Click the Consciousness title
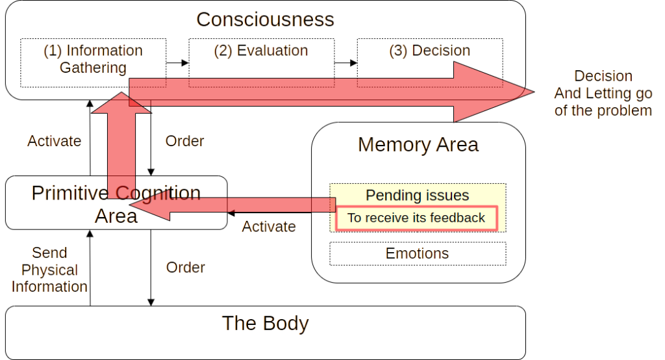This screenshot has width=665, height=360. click(264, 19)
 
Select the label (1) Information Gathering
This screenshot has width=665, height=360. click(92, 58)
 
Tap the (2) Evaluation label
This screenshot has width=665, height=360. click(260, 51)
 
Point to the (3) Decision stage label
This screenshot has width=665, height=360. click(429, 51)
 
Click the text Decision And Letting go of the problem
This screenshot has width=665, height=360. click(602, 93)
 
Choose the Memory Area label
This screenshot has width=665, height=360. click(417, 144)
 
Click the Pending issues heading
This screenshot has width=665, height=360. click(417, 195)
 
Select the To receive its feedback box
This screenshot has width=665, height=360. click(416, 218)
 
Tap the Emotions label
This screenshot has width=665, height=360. click(416, 253)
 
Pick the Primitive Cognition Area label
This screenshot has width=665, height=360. click(115, 203)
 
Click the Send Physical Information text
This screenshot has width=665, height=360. click(49, 270)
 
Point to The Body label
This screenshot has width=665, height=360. click(264, 323)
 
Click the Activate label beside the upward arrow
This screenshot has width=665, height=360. click(53, 141)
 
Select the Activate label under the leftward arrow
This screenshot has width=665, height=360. click(268, 227)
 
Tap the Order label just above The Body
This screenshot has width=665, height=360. click(184, 267)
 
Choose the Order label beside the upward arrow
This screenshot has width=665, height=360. click(184, 141)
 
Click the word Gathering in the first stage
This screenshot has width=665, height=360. click(92, 67)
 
